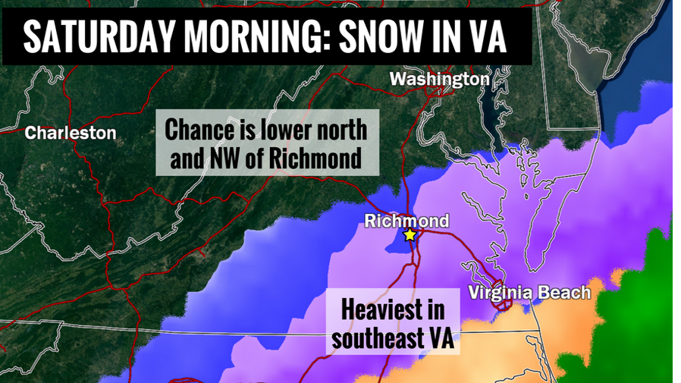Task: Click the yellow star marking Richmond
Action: pos(410,235)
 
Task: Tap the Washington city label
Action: pos(439,79)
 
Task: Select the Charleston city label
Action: pos(71,133)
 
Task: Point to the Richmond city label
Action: pos(406,221)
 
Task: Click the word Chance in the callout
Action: pos(197,130)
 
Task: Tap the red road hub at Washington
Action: pos(435,92)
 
